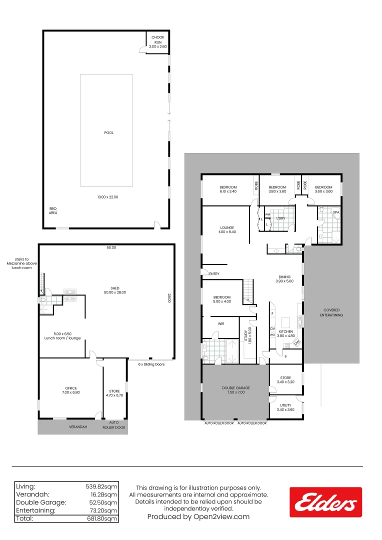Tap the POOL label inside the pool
tap(109, 133)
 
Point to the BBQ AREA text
tap(52, 210)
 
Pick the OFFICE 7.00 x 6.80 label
tap(70, 390)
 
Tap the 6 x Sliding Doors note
tap(151, 364)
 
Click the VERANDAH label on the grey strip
tap(78, 427)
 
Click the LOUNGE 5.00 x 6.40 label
tap(226, 230)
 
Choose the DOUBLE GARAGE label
tap(235, 390)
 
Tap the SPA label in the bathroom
tap(335, 212)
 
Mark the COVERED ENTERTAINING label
tap(331, 313)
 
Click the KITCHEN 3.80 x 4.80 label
tap(285, 334)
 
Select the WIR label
tap(221, 324)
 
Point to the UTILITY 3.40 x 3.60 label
tap(285, 407)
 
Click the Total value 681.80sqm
tap(102, 519)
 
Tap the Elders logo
tap(325, 502)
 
